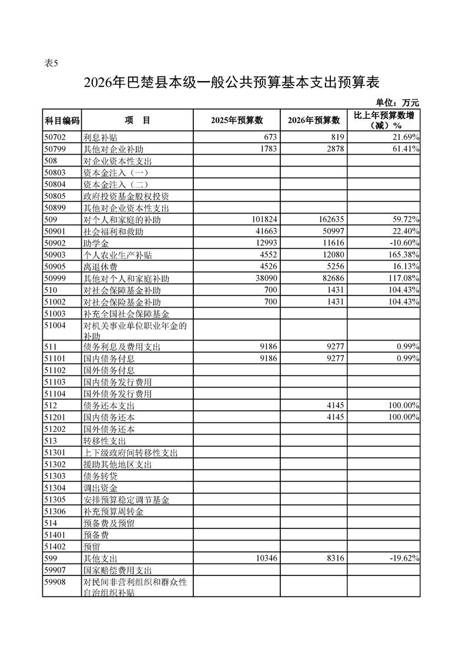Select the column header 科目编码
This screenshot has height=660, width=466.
point(62,120)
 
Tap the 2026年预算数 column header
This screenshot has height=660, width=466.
point(314,120)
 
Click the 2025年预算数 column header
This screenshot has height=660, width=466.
point(236,120)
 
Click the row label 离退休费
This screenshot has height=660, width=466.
point(100,267)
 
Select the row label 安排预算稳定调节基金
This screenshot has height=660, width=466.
point(126,500)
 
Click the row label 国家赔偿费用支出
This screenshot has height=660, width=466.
point(118,571)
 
